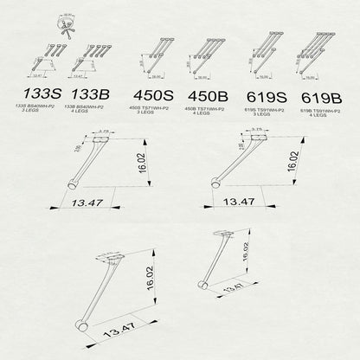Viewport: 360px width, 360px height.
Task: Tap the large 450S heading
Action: pyautogui.click(x=153, y=95)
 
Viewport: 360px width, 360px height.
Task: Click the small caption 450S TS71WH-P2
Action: pyautogui.click(x=152, y=109)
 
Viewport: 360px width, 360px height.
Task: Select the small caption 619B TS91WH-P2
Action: pyautogui.click(x=319, y=109)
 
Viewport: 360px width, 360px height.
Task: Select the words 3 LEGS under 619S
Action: pyautogui.click(x=260, y=113)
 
